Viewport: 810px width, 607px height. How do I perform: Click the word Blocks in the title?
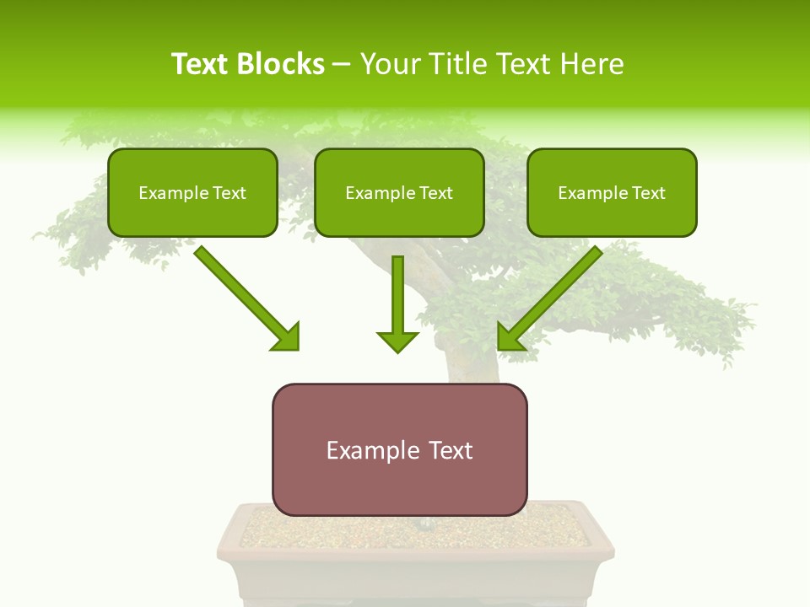coord(280,64)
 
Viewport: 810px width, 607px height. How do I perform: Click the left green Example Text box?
coord(192,193)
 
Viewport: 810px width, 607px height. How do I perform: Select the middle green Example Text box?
coord(399,193)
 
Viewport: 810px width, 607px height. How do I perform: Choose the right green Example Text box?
coord(612,193)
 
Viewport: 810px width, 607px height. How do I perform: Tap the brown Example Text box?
coord(399,449)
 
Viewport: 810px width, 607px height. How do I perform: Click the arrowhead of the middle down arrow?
coord(397,340)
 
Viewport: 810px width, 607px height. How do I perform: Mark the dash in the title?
coord(342,65)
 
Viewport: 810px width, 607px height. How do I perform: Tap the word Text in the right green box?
coord(648,193)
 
